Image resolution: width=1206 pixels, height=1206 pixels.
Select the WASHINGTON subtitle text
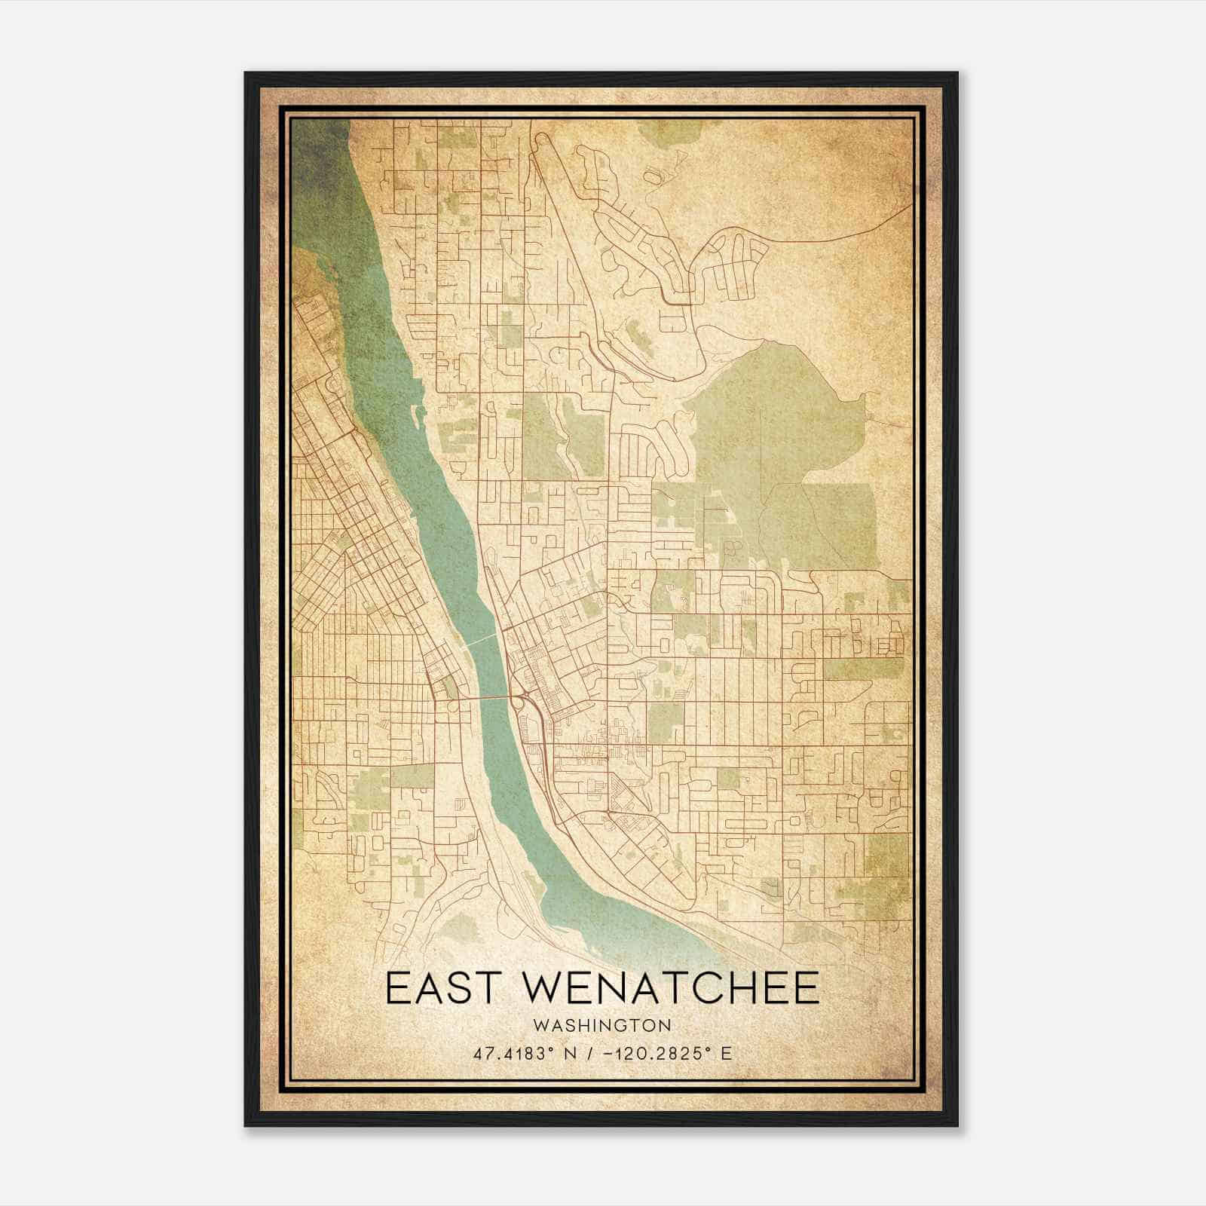(x=602, y=1026)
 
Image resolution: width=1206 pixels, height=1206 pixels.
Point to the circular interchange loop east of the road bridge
(x=519, y=704)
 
